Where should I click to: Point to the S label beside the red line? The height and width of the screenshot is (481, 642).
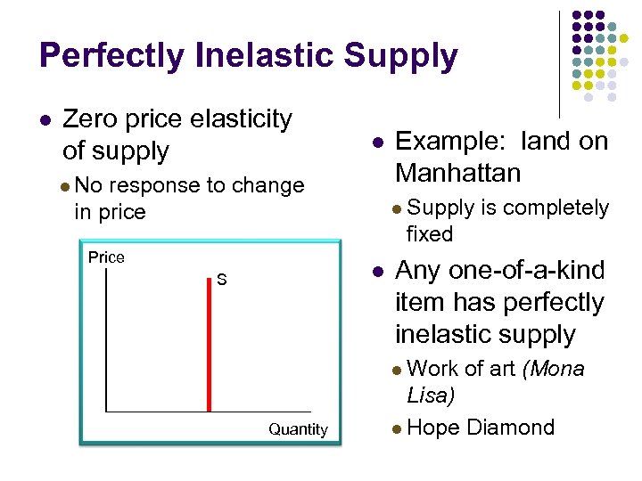pos(222,281)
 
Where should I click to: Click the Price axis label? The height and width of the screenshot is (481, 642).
pos(106,257)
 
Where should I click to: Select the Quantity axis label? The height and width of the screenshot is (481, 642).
pos(298,429)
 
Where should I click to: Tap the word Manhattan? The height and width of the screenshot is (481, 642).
pos(457,172)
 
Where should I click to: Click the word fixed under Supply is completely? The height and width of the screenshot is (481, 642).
pos(430,234)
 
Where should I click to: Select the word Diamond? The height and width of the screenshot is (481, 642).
pos(511,428)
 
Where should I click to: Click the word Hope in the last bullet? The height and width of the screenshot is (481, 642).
pos(432,428)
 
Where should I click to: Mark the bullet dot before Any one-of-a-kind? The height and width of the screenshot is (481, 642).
pos(378,271)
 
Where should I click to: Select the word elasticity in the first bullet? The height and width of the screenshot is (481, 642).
pos(239,118)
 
